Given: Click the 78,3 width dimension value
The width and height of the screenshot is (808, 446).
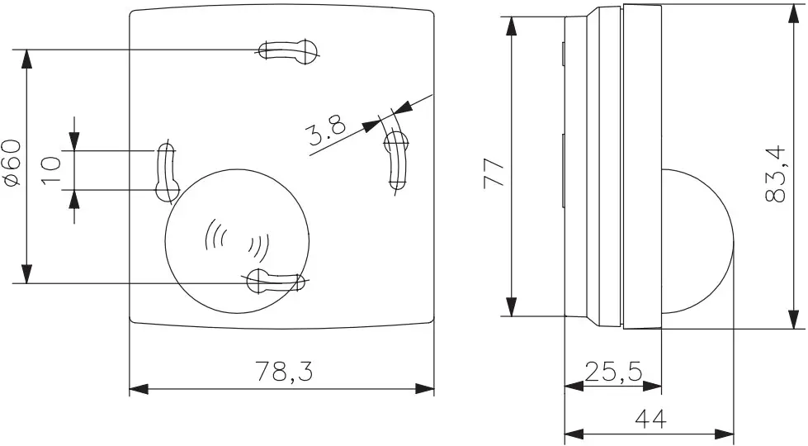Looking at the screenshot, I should pos(282,372).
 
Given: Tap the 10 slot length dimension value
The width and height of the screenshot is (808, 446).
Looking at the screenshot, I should pos(51,170).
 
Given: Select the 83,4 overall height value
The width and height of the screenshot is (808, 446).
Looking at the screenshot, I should pos(775,175).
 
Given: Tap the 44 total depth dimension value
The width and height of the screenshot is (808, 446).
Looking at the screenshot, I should pos(650,420).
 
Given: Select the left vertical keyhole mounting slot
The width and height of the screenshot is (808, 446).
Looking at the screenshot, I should pos(166,172).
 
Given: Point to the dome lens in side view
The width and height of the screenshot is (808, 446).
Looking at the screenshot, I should pos(698,240).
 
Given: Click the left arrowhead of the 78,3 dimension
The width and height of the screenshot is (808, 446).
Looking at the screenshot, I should pos(137,388).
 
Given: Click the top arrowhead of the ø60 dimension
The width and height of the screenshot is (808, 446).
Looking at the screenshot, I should pos(27,58).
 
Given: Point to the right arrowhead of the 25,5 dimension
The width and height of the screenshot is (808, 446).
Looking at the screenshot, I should pos(654,385).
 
